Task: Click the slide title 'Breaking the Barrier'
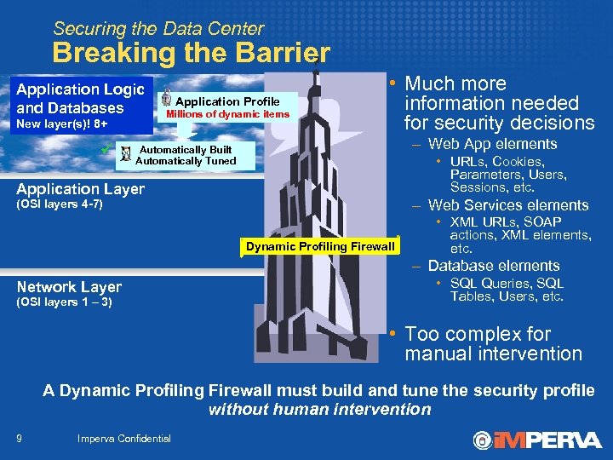click(x=191, y=53)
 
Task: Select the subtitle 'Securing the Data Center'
click(x=158, y=29)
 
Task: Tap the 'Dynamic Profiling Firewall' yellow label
click(x=320, y=247)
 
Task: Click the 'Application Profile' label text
click(x=227, y=101)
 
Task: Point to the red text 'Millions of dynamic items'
click(x=227, y=114)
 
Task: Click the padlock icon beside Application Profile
click(x=167, y=96)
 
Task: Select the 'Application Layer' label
click(x=81, y=189)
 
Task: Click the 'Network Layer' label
click(x=69, y=287)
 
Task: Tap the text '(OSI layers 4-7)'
click(x=60, y=204)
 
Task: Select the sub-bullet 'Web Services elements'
click(x=508, y=205)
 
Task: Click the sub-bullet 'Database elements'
click(x=494, y=266)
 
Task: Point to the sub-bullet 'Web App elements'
click(x=492, y=144)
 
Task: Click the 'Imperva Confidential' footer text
click(x=123, y=439)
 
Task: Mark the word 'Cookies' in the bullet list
click(x=518, y=162)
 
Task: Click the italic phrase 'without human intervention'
click(x=319, y=409)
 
